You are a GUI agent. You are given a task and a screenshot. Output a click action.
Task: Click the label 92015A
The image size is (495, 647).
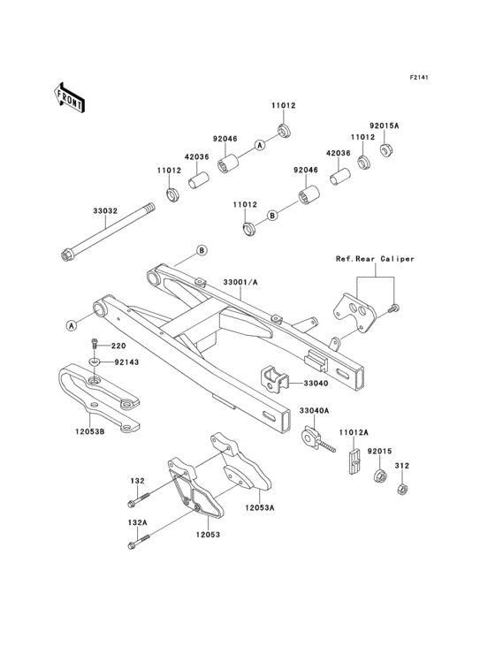coord(385,126)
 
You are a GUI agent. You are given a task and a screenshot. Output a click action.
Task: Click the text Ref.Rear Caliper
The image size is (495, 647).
coord(375,259)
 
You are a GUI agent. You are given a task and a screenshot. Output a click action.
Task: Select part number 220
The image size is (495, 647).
coord(118,346)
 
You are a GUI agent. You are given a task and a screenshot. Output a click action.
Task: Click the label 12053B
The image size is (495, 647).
coord(89,432)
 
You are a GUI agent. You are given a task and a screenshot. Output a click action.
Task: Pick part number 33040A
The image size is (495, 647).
coord(313,411)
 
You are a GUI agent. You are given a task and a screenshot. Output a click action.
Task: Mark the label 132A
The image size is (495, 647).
coord(137,523)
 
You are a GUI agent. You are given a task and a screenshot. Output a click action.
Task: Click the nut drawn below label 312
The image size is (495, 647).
coord(400,488)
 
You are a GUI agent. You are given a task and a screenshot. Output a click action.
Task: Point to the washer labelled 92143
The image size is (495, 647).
coord(95,362)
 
